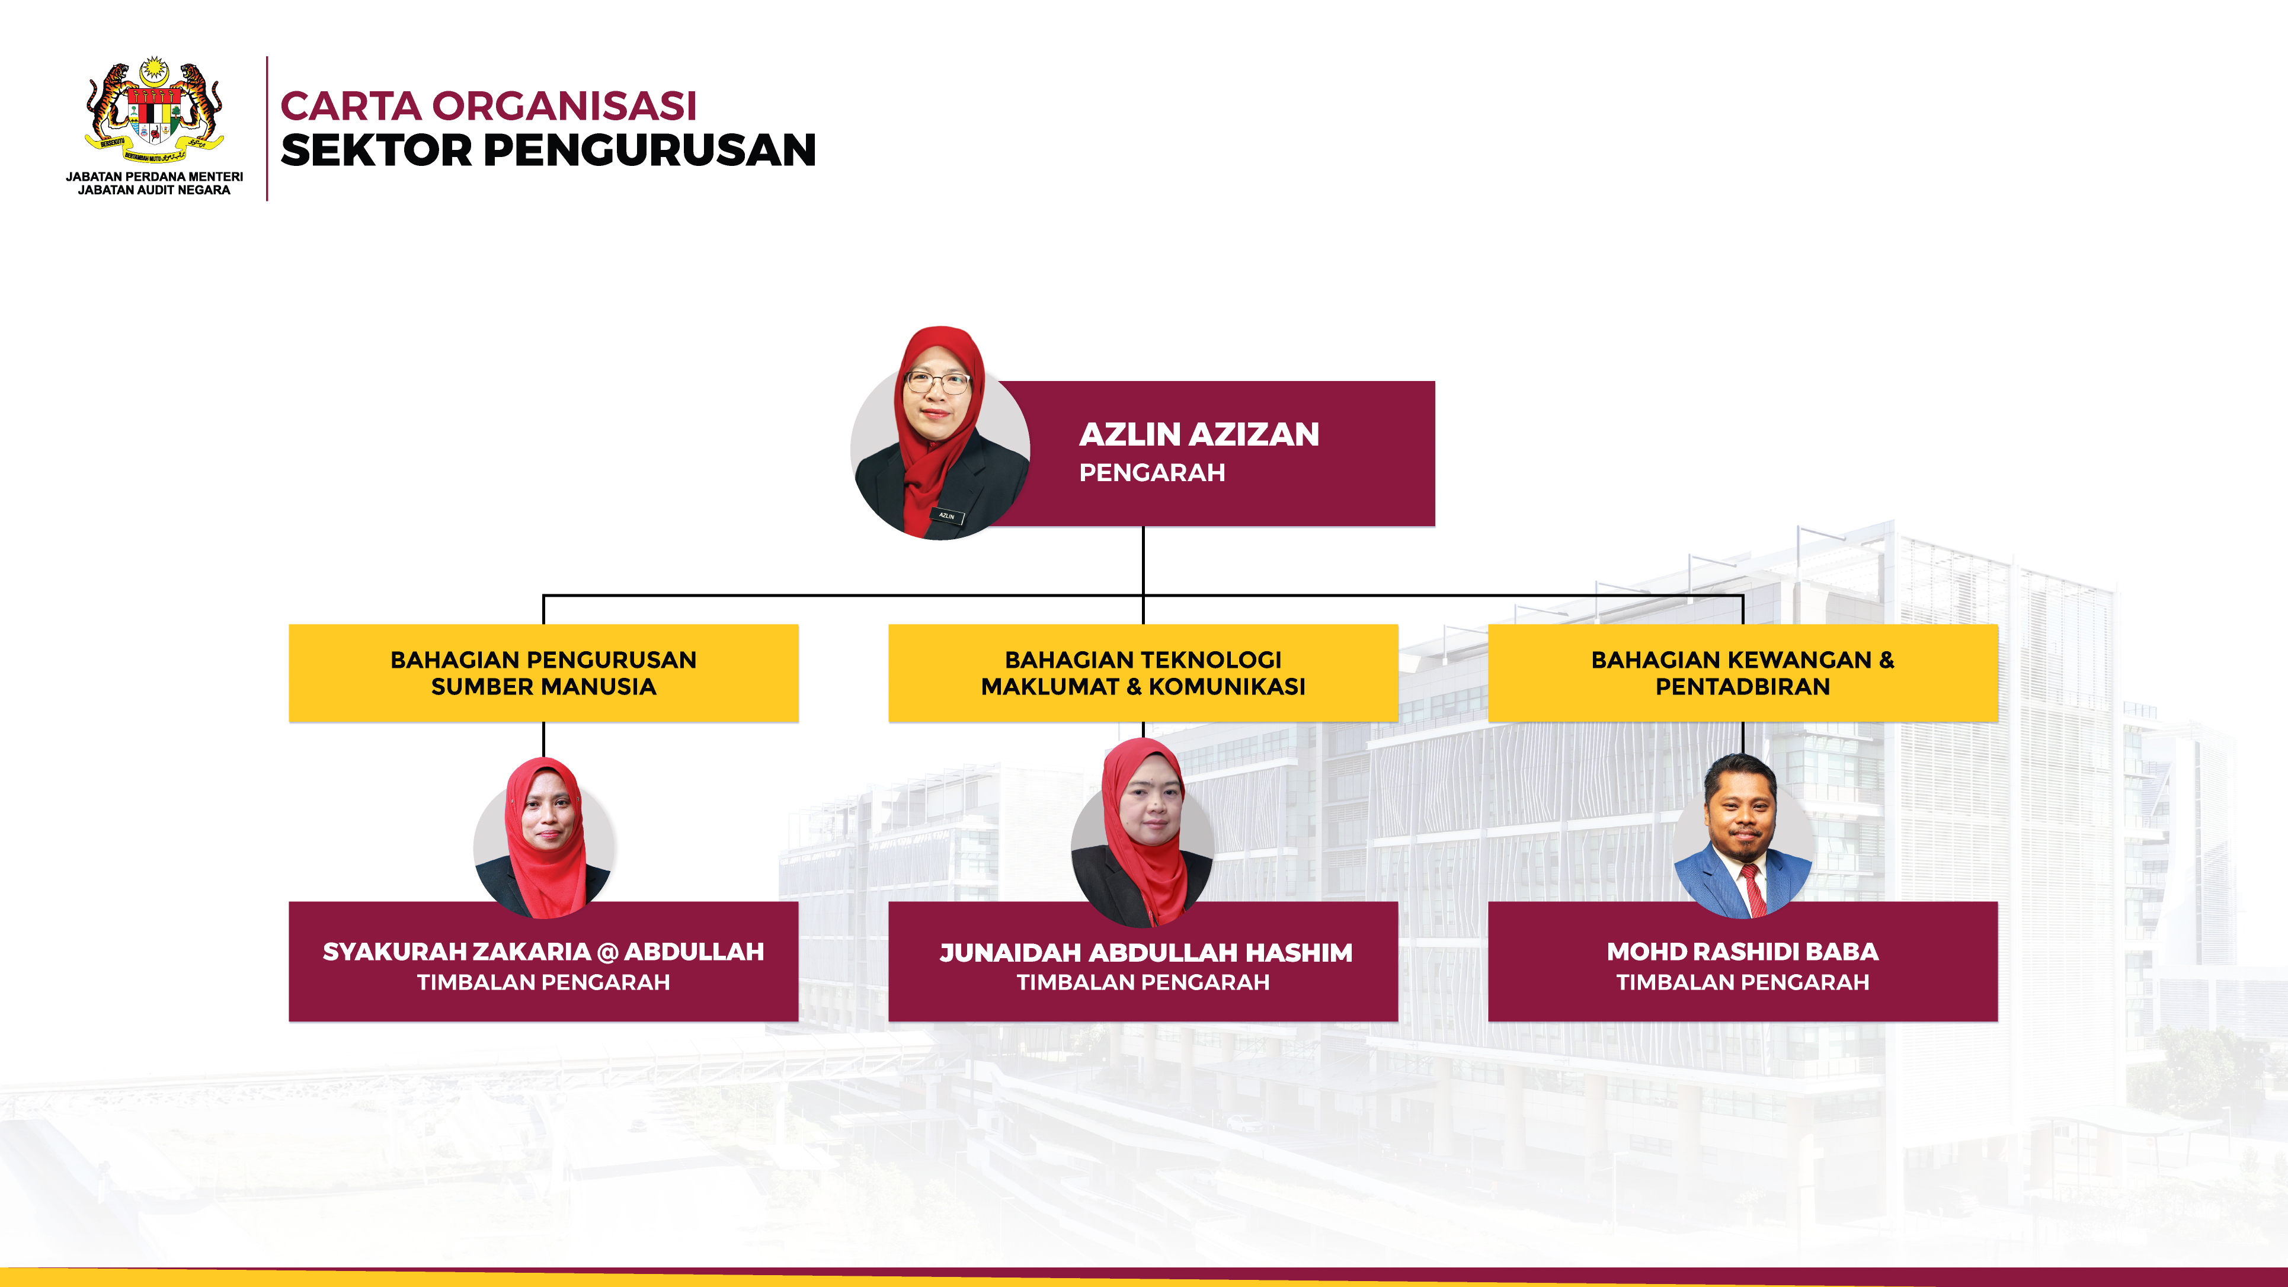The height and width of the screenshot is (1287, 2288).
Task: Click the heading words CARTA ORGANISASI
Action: tap(488, 105)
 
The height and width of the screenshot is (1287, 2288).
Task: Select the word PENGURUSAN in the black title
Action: tap(649, 149)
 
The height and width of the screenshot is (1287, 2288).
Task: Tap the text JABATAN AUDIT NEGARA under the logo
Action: tap(153, 190)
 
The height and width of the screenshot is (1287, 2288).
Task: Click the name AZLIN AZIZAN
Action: tap(1199, 434)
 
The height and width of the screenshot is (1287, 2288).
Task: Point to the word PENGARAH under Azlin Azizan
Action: tap(1152, 472)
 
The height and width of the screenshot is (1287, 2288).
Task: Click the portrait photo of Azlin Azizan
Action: tap(940, 433)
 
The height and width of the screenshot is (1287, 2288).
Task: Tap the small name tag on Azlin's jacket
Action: tap(947, 515)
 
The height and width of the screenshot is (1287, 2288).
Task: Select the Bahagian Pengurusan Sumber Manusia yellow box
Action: tap(543, 673)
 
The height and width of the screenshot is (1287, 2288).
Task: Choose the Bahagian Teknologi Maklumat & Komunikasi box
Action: tap(1143, 673)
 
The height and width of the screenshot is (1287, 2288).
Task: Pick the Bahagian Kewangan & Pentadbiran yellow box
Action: tap(1743, 673)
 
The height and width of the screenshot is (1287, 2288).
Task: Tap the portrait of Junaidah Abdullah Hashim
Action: tap(1143, 833)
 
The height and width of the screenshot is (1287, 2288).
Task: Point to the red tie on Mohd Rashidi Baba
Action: tap(1753, 891)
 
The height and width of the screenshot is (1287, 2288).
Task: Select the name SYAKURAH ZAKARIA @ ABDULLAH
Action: tap(543, 951)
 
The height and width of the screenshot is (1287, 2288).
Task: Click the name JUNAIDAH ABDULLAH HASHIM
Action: tap(1145, 952)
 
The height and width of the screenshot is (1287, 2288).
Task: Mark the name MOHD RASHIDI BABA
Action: tap(1743, 951)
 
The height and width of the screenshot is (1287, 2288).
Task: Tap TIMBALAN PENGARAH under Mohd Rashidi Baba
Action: tap(1743, 982)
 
